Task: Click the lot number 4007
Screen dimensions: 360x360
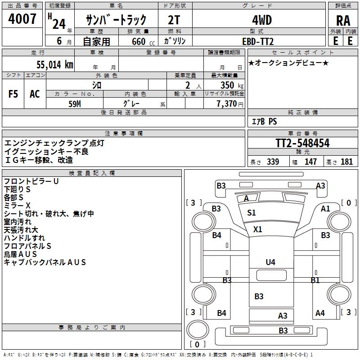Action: point(22,19)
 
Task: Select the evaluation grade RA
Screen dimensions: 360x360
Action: point(343,20)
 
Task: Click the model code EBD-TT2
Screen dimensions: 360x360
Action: point(258,41)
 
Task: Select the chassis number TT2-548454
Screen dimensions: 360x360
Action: point(302,143)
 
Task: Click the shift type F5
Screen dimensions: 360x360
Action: point(13,94)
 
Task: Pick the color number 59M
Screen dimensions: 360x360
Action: point(74,103)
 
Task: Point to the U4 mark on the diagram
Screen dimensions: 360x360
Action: point(270,262)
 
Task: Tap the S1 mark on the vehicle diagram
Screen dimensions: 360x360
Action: point(252,213)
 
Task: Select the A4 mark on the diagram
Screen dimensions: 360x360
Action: point(320,313)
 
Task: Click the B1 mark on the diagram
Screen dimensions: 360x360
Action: point(315,280)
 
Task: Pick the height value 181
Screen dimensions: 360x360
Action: point(347,162)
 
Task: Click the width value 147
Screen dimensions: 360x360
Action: point(310,162)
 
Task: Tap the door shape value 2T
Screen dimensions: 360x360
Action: point(175,20)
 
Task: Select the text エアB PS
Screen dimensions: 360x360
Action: point(264,121)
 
